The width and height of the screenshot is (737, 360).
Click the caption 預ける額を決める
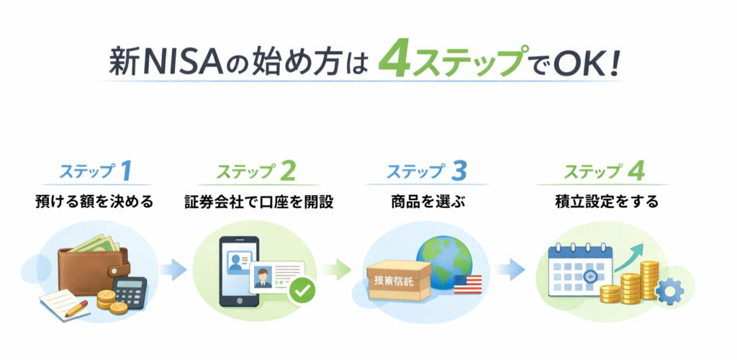click(94, 202)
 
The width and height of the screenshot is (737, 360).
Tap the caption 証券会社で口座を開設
click(259, 202)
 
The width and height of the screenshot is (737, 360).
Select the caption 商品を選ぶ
click(427, 202)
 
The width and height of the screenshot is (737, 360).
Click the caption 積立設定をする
click(606, 202)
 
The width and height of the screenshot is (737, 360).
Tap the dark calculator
click(130, 292)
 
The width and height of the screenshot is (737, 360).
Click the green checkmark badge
click(302, 292)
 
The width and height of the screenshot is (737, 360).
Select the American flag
click(468, 284)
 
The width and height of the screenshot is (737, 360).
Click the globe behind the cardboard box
click(444, 262)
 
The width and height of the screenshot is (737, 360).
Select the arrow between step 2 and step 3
click(337, 269)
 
